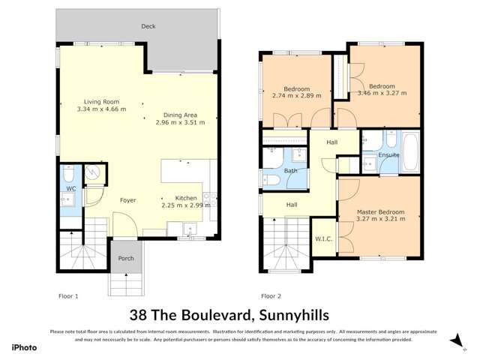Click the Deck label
pos(148,26)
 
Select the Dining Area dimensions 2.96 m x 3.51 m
pos(181,123)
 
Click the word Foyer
pos(127,200)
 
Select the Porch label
pos(124,259)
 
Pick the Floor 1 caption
pos(68,296)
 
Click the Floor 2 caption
pos(271,296)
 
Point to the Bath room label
pos(291,171)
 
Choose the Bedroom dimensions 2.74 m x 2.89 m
pos(296,96)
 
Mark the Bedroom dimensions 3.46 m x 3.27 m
pos(382,93)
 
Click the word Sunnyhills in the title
pos(291,316)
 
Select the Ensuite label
pos(388,155)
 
